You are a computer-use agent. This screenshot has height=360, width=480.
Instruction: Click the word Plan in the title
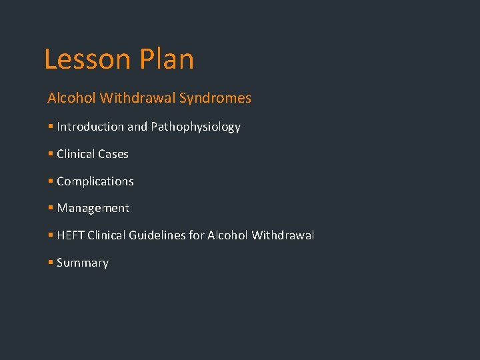(x=167, y=59)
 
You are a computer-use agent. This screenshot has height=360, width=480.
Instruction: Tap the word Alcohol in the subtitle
(x=71, y=98)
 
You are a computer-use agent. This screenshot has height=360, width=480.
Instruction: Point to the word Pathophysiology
(x=195, y=127)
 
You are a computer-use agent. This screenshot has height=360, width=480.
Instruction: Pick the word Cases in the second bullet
(x=113, y=154)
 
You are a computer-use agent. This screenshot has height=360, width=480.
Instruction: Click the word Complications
(x=95, y=181)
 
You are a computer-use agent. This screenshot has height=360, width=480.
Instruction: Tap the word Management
(x=93, y=208)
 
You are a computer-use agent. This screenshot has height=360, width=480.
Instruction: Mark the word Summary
(x=83, y=263)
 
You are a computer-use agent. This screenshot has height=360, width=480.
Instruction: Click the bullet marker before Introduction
(x=51, y=127)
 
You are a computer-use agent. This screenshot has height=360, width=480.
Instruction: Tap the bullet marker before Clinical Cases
(x=51, y=154)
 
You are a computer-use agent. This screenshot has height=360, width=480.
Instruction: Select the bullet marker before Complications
(x=51, y=181)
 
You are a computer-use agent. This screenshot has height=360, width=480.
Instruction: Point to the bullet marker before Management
(x=51, y=208)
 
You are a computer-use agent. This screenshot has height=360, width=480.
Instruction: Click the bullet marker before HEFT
(x=51, y=235)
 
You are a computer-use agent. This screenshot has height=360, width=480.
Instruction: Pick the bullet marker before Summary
(x=51, y=263)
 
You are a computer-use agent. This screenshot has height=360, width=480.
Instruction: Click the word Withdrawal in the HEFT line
(x=283, y=235)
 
